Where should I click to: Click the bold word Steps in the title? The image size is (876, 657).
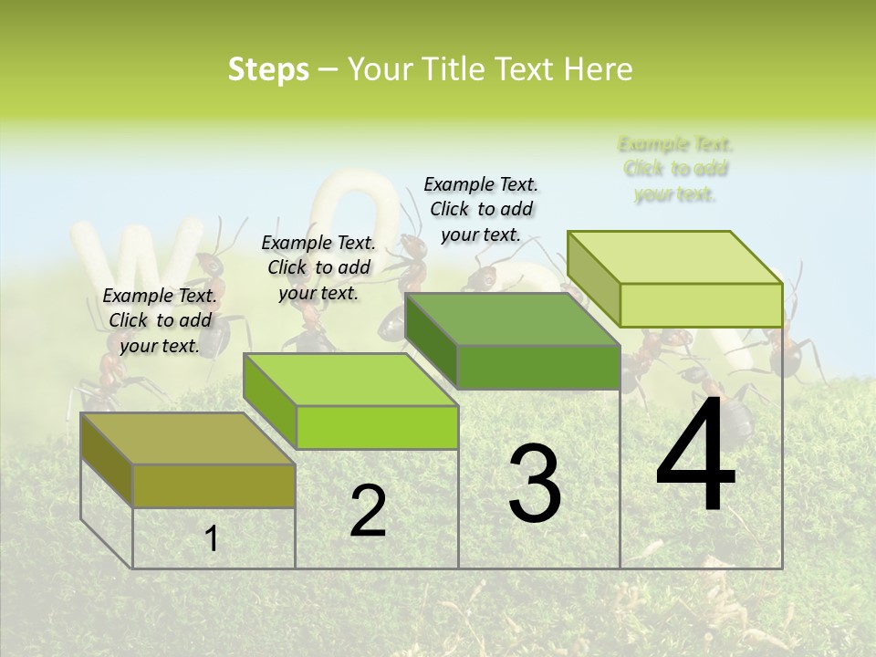[x=268, y=69]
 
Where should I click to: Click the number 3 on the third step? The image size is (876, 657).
[x=535, y=484]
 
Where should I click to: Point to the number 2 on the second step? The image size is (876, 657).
[x=368, y=511]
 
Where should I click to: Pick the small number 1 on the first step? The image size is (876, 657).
[x=211, y=539]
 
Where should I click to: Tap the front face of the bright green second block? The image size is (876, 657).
[x=377, y=427]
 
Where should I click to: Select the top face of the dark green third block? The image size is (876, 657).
[x=511, y=319]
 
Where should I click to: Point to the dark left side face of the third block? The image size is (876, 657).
[x=430, y=341]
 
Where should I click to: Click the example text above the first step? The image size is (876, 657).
[x=160, y=320]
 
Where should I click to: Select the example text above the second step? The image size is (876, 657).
[x=318, y=267]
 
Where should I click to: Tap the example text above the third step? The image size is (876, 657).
[x=481, y=209]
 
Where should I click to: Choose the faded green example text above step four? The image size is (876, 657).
[x=675, y=169]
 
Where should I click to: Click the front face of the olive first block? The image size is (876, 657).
[x=214, y=485]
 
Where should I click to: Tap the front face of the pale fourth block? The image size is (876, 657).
[x=701, y=305]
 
